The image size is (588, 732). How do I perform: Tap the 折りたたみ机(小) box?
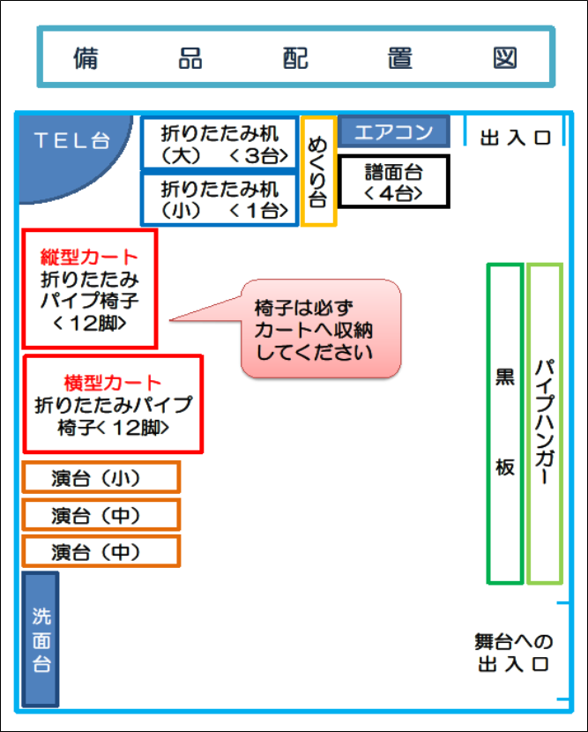(220, 199)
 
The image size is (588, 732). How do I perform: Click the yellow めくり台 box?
(317, 171)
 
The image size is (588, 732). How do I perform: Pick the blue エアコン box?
(393, 132)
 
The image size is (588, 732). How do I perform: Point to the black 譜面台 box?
(394, 182)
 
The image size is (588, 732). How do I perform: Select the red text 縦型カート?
(89, 258)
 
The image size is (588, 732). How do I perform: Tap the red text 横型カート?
(113, 383)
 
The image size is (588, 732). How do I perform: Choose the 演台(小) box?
(101, 478)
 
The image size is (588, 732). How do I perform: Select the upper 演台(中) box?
(101, 515)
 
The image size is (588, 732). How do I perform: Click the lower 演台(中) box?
(101, 552)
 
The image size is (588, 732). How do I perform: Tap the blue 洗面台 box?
(41, 639)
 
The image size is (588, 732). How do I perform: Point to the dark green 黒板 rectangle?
(505, 423)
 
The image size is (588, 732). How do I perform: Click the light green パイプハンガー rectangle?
(544, 423)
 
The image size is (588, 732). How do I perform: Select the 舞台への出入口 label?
(513, 653)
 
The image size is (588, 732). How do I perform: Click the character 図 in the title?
(505, 57)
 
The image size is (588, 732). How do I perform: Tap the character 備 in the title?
(86, 57)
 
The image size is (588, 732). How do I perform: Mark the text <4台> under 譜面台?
(394, 192)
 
